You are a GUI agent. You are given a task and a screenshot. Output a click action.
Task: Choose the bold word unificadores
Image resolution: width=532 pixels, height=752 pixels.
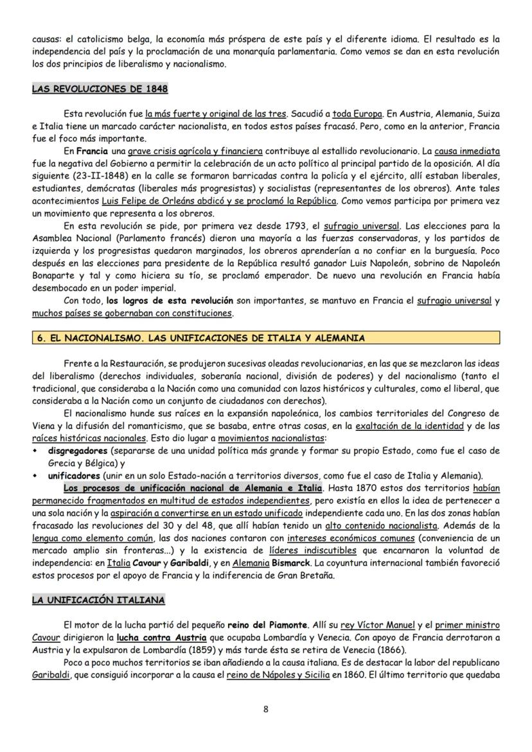point(74,476)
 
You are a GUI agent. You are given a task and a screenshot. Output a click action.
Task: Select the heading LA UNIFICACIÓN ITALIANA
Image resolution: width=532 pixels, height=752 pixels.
point(98,600)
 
